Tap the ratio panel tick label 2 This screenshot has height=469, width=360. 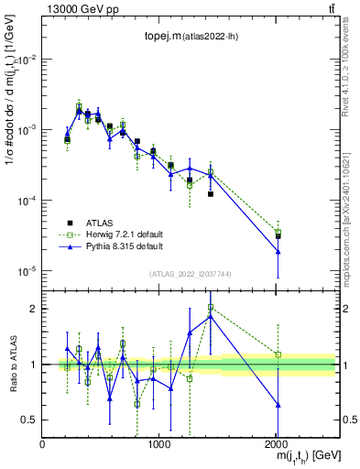point(34,309)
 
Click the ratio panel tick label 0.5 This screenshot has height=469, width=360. point(30,420)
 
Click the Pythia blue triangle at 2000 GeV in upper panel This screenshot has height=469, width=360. point(278,251)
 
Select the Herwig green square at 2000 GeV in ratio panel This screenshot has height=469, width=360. point(278,354)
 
